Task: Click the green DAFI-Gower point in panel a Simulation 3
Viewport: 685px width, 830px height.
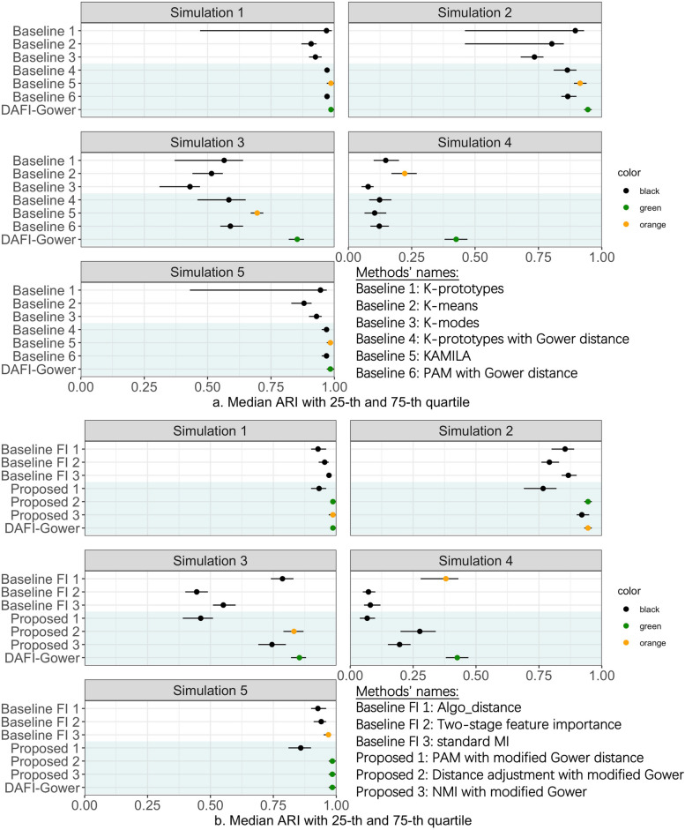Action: (x=297, y=239)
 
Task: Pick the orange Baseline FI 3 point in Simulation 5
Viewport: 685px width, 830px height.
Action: (x=328, y=735)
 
